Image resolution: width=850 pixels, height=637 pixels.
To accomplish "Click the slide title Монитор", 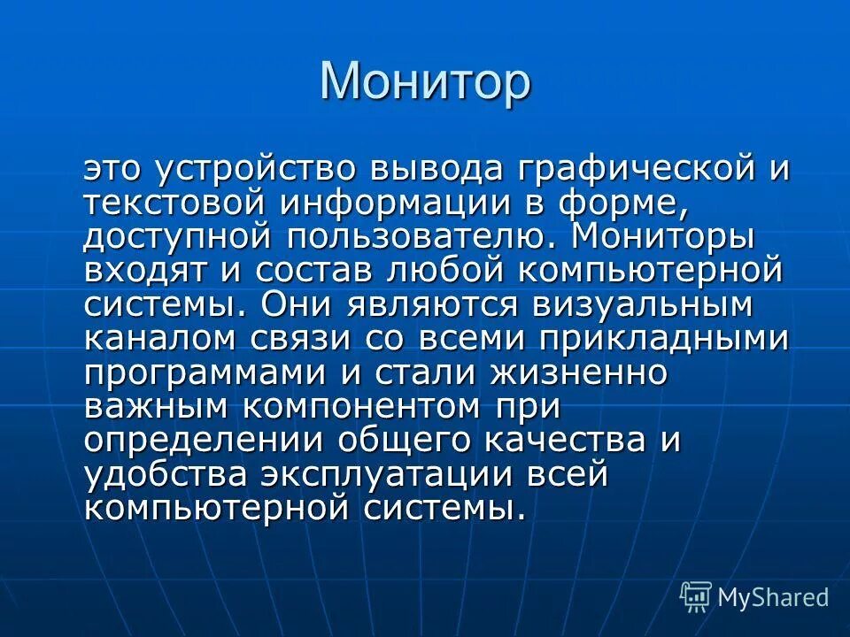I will pyautogui.click(x=425, y=81).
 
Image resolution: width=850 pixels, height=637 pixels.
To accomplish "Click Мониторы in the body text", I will pyautogui.click(x=663, y=236).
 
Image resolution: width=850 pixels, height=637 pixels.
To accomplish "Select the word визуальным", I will pyautogui.click(x=643, y=304).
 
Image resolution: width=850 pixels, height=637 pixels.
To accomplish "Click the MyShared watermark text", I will pyautogui.click(x=773, y=597).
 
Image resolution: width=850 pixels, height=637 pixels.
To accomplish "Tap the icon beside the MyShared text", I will pyautogui.click(x=696, y=597).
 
